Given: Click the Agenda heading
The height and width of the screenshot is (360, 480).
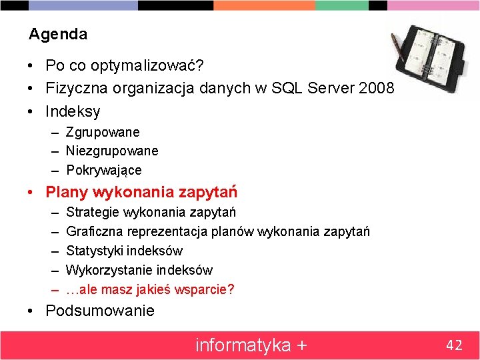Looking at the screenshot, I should pyautogui.click(x=58, y=33).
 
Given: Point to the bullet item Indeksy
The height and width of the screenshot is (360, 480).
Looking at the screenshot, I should pyautogui.click(x=73, y=111).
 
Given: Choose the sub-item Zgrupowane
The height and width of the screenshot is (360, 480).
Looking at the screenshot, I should pyautogui.click(x=102, y=132).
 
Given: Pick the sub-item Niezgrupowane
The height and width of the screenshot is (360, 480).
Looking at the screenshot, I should pyautogui.click(x=111, y=151).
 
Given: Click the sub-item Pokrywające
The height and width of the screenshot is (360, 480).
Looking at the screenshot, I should pyautogui.click(x=103, y=170).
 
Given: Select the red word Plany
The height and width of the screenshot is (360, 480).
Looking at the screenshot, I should pyautogui.click(x=67, y=193).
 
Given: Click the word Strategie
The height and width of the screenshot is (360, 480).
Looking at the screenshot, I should pyautogui.click(x=93, y=212).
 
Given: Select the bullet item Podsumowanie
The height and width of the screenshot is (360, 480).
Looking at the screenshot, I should pyautogui.click(x=99, y=311).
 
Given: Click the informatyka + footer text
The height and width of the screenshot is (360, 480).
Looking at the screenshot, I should pyautogui.click(x=251, y=345).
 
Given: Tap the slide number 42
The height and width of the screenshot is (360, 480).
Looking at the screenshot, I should pyautogui.click(x=454, y=345).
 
